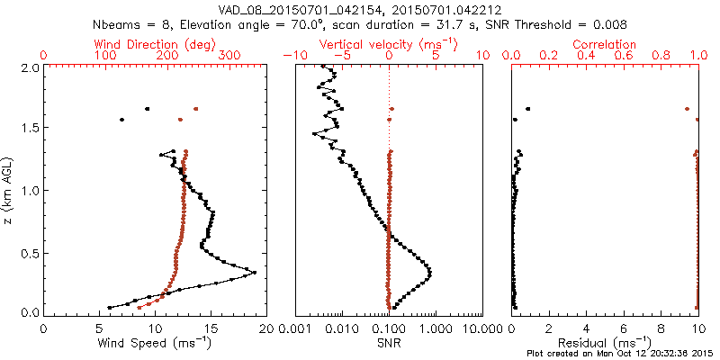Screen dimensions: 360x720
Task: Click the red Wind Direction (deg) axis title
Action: click(157, 44)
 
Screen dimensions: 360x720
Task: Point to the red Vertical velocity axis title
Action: click(389, 44)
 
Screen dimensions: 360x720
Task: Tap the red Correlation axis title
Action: click(605, 44)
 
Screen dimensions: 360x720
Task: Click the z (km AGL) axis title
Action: click(10, 189)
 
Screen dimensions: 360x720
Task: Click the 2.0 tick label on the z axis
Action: click(29, 67)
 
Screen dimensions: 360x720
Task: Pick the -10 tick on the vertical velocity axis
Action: click(292, 56)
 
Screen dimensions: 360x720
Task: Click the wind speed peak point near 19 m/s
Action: click(255, 273)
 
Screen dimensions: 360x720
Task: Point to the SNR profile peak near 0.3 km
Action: click(429, 273)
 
